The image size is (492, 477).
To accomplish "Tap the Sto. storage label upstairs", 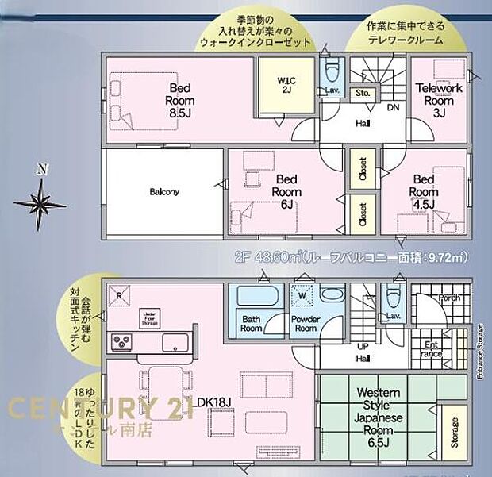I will tap(363, 94).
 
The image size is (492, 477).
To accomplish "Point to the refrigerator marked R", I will tap(119, 294).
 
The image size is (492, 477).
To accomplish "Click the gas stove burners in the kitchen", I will tap(124, 342).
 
